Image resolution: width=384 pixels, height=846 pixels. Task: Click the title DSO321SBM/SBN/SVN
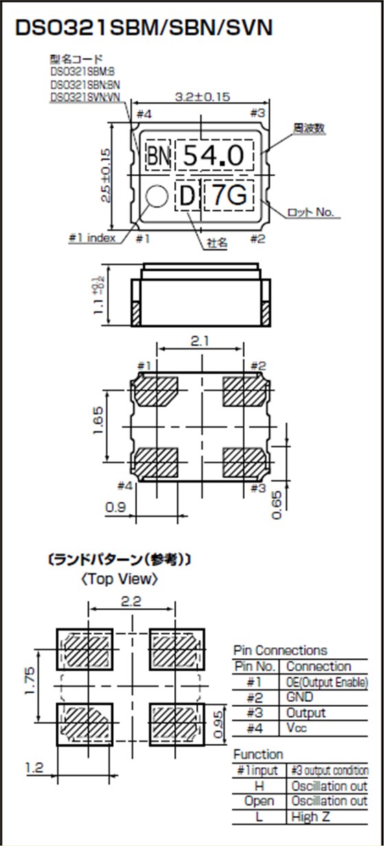pos(143,27)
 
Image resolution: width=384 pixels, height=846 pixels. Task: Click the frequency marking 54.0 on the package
pos(214,156)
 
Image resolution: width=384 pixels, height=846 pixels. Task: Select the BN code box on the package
pos(158,157)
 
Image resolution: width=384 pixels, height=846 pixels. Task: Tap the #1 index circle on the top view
pos(157,197)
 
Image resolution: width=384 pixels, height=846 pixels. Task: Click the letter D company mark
pos(187,197)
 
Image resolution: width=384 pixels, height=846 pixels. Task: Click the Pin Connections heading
pos(280,650)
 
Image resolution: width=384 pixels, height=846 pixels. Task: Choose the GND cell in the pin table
pos(300,697)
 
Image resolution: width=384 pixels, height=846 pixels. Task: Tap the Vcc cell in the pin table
pos(297,727)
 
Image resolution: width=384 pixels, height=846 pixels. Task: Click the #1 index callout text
pos(92,239)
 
